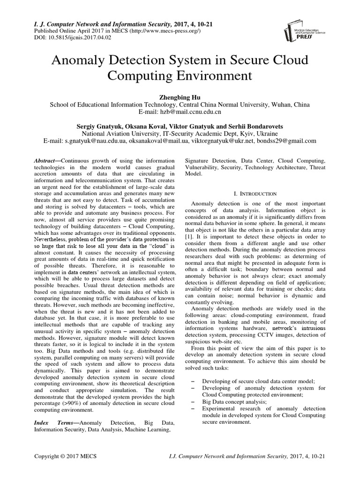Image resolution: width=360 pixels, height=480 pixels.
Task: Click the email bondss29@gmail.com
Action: pyautogui.click(x=286, y=141)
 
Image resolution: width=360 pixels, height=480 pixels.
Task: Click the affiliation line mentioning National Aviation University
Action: pyautogui.click(x=180, y=133)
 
